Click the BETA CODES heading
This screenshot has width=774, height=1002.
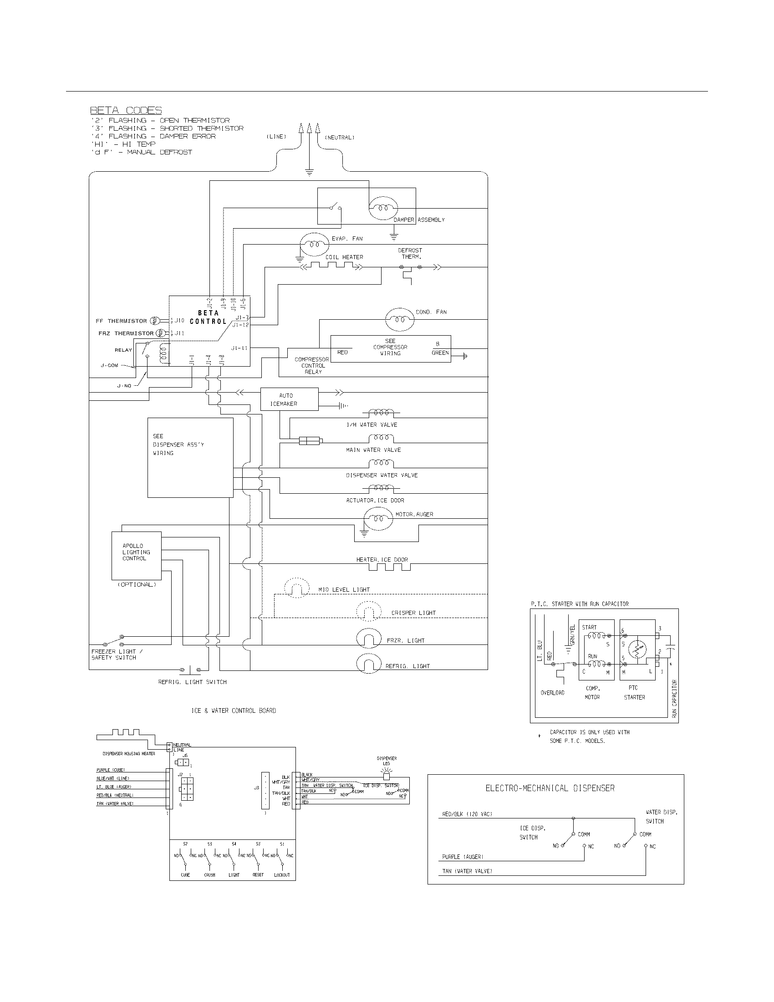coord(126,111)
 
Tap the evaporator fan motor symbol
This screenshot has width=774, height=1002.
coord(312,244)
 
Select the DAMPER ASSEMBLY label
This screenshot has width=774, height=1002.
coord(418,220)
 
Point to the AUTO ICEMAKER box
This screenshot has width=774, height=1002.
coord(289,399)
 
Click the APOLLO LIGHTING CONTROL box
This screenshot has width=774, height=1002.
coord(136,556)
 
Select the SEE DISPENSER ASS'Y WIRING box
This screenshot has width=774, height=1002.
coord(190,457)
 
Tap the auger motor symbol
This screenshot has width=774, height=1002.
coord(378,518)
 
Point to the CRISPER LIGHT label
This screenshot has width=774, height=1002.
coord(413,613)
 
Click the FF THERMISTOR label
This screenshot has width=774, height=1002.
coord(121,321)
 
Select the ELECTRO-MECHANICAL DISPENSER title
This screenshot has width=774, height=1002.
coord(550,788)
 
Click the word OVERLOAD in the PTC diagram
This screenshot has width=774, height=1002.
coord(552,693)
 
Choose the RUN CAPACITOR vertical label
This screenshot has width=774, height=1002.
coord(674,699)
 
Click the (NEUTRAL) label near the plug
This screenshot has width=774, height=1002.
coord(339,138)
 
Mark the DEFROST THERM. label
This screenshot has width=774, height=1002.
coord(410,253)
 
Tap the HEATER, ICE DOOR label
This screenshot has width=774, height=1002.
coord(382,560)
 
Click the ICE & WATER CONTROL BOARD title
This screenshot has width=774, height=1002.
coord(234,711)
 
